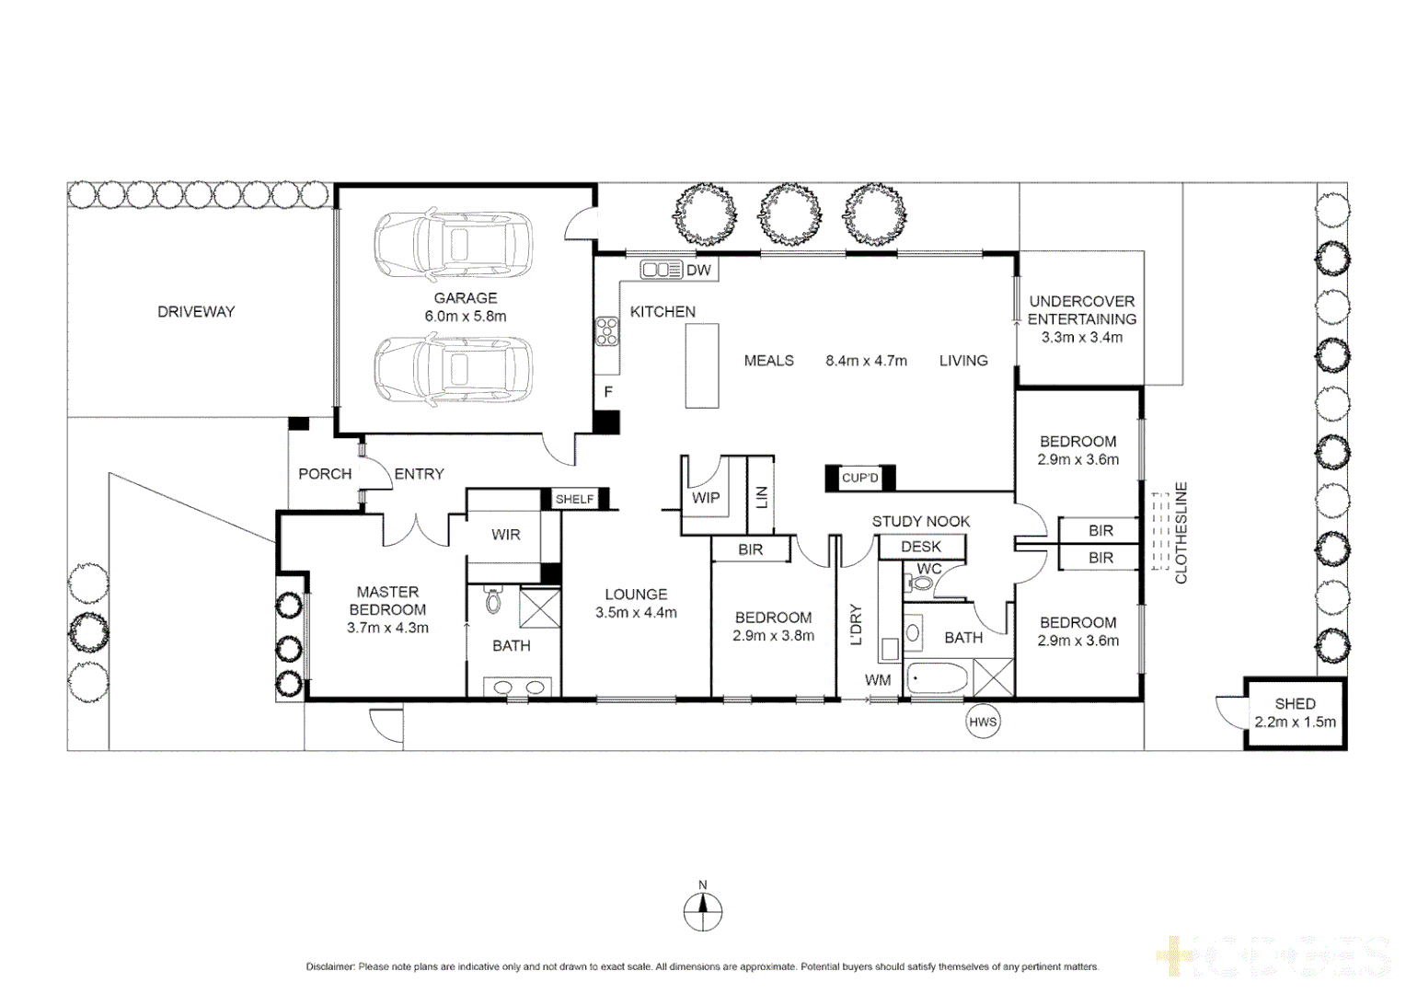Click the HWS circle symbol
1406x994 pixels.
[983, 722]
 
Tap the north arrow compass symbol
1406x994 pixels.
[703, 911]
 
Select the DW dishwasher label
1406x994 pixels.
[698, 270]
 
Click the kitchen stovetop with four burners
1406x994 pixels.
[606, 330]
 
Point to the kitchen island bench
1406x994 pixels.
[702, 365]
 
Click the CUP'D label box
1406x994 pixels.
[859, 478]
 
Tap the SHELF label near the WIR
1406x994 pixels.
[574, 499]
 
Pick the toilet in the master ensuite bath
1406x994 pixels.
[493, 600]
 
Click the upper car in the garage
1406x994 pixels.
[453, 245]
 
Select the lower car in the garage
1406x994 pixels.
[453, 369]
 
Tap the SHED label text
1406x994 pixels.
[1295, 703]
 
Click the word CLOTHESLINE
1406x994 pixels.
[1181, 533]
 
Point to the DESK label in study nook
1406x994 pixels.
[920, 547]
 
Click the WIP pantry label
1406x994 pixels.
[706, 498]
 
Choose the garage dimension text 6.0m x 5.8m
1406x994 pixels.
[466, 316]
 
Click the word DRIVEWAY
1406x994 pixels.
[196, 312]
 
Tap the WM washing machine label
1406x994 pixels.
[878, 680]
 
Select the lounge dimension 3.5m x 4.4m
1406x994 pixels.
[636, 612]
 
